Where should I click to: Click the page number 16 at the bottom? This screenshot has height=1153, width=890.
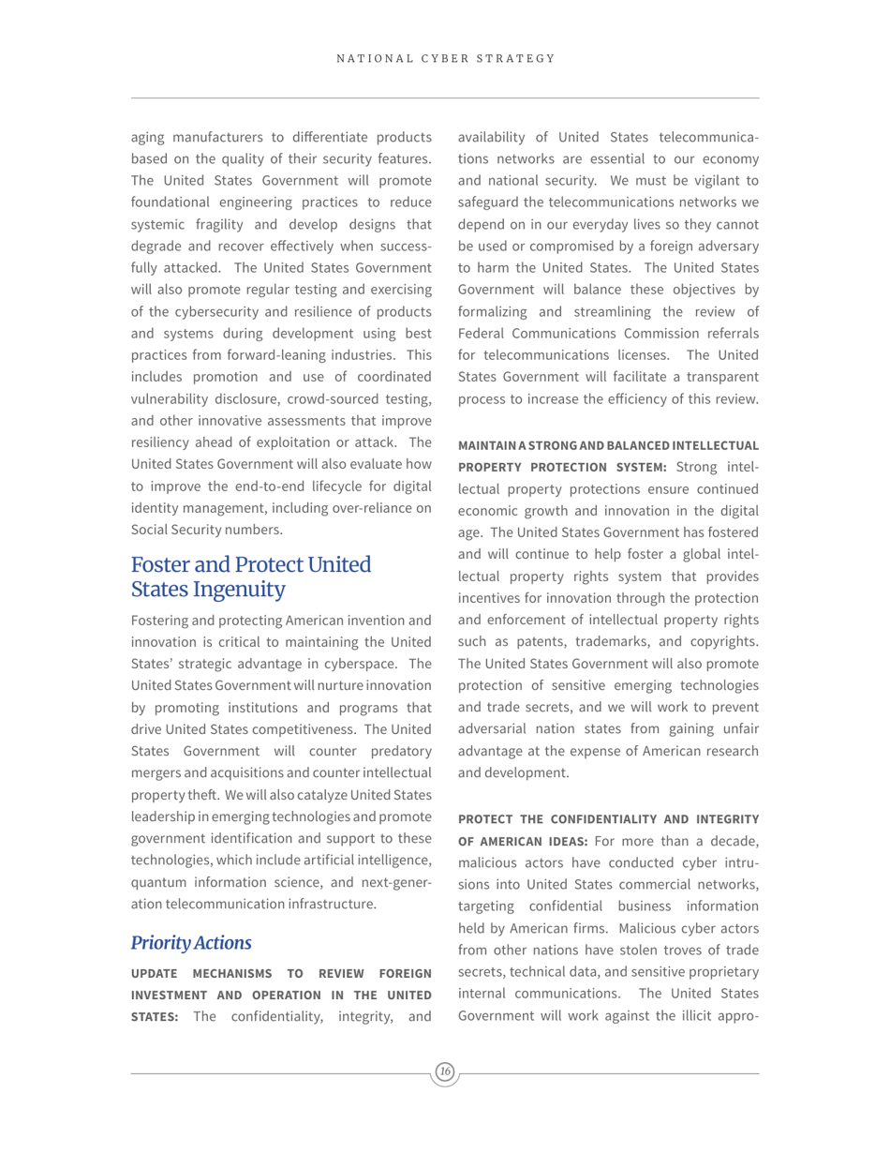point(445,1071)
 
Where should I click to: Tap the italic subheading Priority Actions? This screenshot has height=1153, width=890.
point(191,943)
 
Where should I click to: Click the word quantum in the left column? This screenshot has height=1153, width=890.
point(158,882)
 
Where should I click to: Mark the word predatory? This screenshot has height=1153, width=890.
point(396,751)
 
